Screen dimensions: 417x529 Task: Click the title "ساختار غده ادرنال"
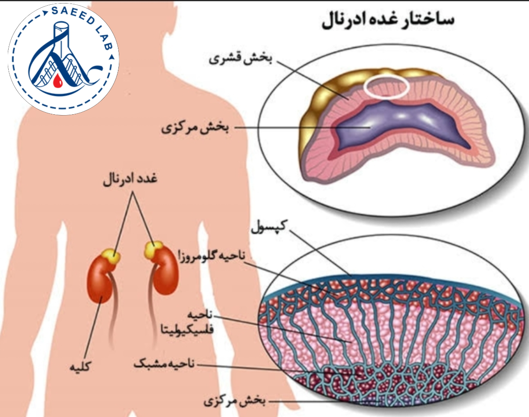click(x=388, y=21)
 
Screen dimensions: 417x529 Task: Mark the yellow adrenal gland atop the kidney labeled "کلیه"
click(x=111, y=256)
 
